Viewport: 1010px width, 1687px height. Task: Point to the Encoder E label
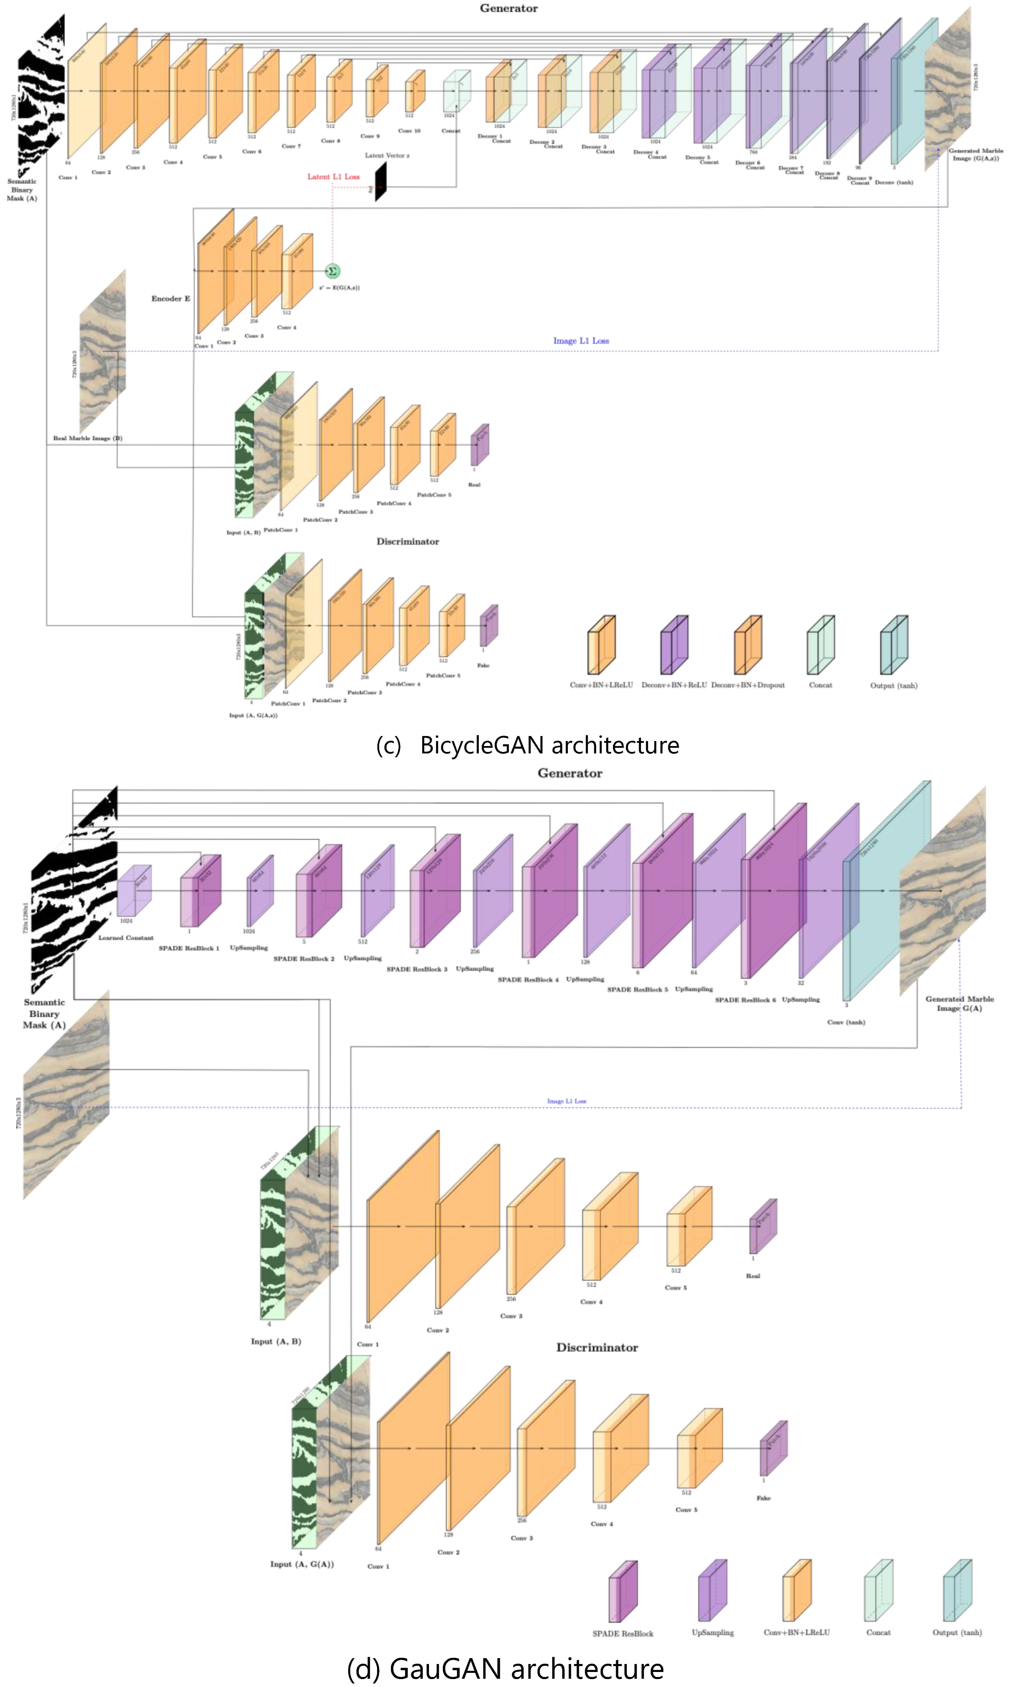pos(170,298)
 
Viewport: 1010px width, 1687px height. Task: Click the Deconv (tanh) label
pos(894,182)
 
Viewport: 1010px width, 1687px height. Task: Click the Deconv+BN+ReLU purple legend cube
pos(674,645)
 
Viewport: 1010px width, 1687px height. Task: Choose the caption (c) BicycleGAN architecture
pos(528,745)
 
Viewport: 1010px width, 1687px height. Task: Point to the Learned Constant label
pos(126,937)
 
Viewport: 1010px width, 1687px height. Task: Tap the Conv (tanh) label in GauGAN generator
pos(846,1022)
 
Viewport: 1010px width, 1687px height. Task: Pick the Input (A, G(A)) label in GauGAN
pos(302,1564)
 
